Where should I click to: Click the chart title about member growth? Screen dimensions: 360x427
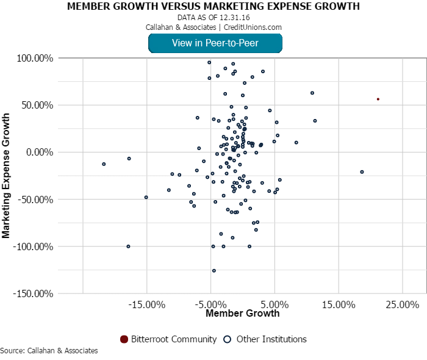click(x=213, y=7)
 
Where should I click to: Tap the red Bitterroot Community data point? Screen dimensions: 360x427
click(x=378, y=99)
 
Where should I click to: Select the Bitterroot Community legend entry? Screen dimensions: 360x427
click(x=168, y=339)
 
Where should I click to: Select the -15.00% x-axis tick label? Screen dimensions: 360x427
click(x=146, y=304)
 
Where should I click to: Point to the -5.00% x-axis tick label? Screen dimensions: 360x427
click(x=210, y=304)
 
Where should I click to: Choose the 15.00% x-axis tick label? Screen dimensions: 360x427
click(x=339, y=304)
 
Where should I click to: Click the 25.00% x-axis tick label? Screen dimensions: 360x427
click(x=403, y=304)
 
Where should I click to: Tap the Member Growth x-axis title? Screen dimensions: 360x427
click(x=242, y=314)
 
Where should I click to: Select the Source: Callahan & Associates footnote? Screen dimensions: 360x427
click(x=49, y=351)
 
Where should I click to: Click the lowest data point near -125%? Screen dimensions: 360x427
click(x=214, y=270)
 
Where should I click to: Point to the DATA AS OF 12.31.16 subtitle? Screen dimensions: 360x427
click(x=213, y=18)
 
